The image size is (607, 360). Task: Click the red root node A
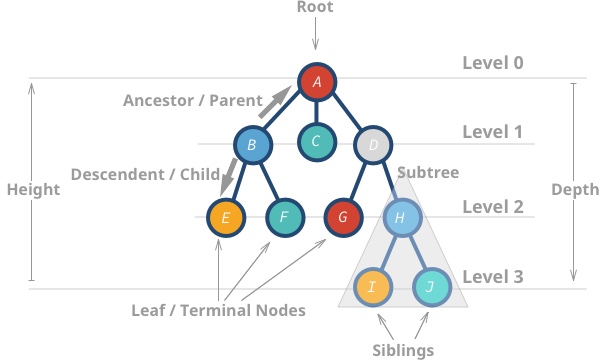point(316,83)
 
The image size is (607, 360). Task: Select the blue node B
point(253,146)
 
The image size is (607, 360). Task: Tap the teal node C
point(316,142)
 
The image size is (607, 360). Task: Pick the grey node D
point(372,146)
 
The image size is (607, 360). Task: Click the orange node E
point(225,216)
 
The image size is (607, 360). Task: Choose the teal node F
point(284,216)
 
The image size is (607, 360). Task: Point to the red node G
point(343,216)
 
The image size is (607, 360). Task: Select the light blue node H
point(400,216)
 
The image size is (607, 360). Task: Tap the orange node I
point(372,287)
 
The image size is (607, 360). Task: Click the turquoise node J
point(431,287)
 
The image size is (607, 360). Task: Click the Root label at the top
point(316,7)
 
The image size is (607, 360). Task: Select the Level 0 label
point(492,63)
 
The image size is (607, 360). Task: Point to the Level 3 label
point(492,275)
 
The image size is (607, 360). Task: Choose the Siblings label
point(402,350)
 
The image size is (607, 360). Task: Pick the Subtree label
point(428,173)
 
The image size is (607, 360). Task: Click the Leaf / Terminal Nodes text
point(218,310)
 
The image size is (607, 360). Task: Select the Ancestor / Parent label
point(192,101)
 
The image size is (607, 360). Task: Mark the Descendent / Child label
point(145,174)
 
